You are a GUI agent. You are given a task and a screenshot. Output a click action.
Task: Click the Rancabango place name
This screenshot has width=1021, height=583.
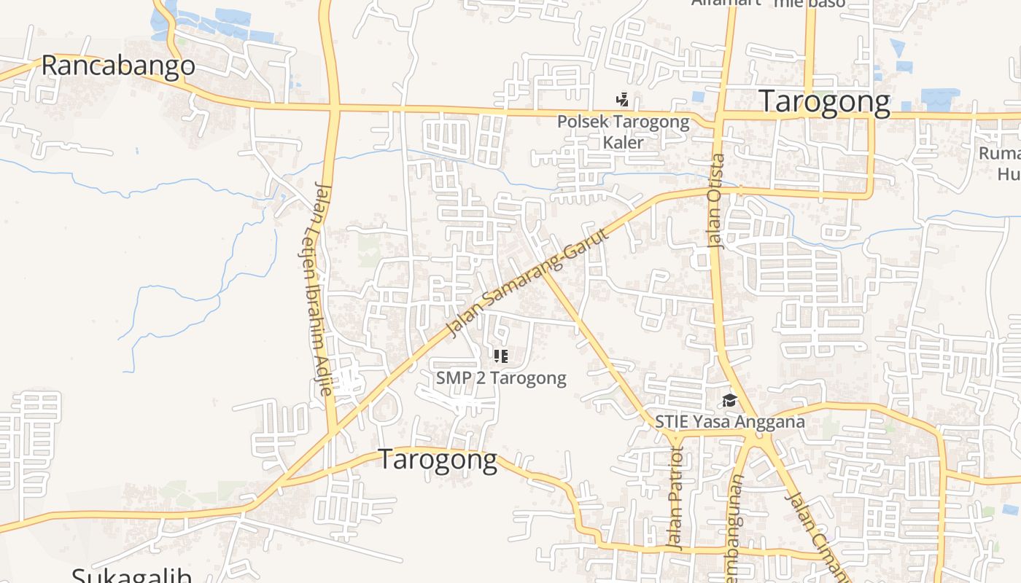click(x=118, y=66)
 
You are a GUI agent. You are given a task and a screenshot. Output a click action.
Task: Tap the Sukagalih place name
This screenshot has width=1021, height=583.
click(x=132, y=576)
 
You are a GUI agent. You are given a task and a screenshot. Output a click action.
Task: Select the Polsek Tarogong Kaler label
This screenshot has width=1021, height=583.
click(x=623, y=131)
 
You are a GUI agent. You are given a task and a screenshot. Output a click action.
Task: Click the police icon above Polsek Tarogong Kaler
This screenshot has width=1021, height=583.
click(x=622, y=99)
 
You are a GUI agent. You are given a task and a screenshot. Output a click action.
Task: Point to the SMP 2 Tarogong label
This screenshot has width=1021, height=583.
click(x=501, y=377)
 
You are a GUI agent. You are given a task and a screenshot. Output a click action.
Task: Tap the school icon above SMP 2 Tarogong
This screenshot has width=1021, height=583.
click(x=500, y=356)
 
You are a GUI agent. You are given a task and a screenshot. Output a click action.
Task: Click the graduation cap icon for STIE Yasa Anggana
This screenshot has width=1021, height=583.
click(x=729, y=400)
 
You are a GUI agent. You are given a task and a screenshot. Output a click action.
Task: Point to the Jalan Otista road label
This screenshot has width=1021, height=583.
click(x=717, y=200)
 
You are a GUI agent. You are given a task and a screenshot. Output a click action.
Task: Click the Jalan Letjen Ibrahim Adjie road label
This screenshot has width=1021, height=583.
click(x=319, y=288)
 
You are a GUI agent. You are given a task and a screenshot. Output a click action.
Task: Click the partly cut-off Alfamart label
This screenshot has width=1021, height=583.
click(x=726, y=3)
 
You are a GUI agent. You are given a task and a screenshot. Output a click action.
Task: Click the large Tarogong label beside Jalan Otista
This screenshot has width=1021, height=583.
click(x=825, y=102)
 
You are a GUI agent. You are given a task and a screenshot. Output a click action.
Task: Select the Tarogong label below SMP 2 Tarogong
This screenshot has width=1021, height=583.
click(x=438, y=461)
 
